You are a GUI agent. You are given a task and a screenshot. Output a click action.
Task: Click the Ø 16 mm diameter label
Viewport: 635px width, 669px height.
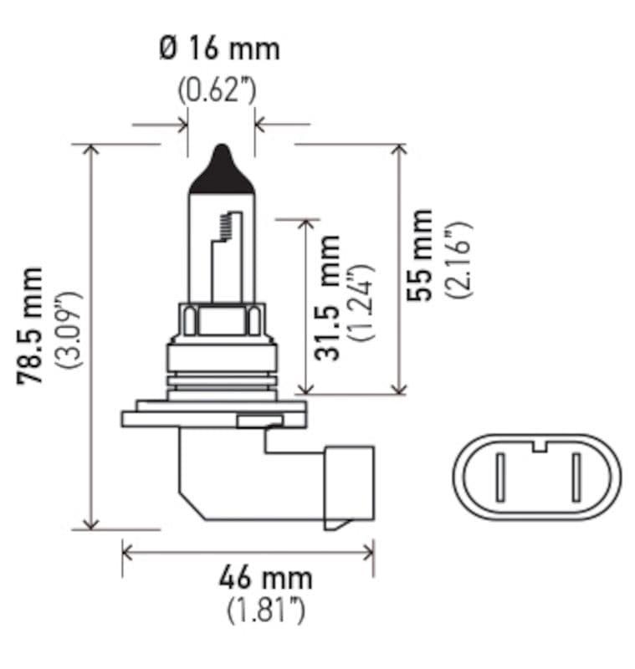(x=219, y=48)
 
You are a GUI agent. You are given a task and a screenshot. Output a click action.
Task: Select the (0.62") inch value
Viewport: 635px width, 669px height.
(x=218, y=89)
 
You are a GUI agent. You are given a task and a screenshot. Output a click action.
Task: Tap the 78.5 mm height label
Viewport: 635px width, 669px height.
(x=32, y=326)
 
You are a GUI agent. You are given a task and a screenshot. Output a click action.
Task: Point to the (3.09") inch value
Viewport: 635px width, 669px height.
(x=69, y=330)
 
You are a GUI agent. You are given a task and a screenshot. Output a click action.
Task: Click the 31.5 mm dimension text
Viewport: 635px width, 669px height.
(x=329, y=299)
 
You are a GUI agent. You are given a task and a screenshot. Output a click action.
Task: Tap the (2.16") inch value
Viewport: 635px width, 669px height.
(x=458, y=259)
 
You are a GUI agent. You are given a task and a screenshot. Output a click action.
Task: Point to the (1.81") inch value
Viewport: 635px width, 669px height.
(x=265, y=611)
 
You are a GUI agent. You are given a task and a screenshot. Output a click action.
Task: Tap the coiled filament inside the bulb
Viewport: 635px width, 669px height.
(x=223, y=224)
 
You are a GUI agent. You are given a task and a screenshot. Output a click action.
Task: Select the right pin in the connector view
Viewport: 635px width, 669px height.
(x=576, y=477)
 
